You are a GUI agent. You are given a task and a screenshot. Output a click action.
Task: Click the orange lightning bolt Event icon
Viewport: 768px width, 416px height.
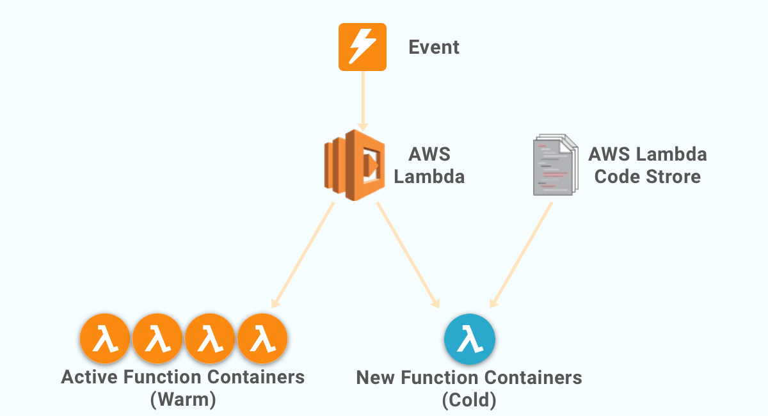362,47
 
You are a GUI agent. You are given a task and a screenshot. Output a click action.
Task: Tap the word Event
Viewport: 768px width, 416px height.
434,47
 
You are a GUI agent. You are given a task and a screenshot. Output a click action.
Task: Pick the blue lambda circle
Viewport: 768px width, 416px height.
470,339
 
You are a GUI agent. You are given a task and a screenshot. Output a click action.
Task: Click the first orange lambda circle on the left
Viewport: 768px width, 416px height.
105,339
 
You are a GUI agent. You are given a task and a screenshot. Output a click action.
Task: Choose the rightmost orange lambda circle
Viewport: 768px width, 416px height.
262,339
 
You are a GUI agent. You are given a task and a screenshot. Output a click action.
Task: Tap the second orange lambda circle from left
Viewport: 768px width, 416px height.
157,339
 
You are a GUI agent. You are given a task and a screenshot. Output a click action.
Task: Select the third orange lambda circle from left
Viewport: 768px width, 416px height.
210,339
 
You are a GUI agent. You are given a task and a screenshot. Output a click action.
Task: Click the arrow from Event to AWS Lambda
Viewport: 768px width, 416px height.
363,99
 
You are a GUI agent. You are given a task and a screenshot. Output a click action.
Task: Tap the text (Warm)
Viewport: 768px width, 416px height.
183,400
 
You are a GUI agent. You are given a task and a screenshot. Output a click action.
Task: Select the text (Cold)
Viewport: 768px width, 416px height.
469,401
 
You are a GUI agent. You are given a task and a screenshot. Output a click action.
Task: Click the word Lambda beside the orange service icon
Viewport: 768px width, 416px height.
429,176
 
